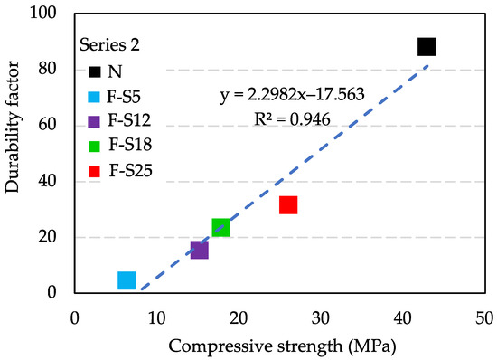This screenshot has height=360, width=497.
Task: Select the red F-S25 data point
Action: coord(288,205)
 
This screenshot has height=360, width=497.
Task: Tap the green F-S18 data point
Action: coord(220,227)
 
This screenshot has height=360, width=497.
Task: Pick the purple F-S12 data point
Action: coord(200,250)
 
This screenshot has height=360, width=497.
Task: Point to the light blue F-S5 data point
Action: coord(127,280)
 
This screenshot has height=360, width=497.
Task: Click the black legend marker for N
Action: coord(94,70)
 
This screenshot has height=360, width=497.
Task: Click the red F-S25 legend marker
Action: coord(94,169)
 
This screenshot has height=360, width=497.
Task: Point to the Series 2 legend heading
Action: coord(108,44)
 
